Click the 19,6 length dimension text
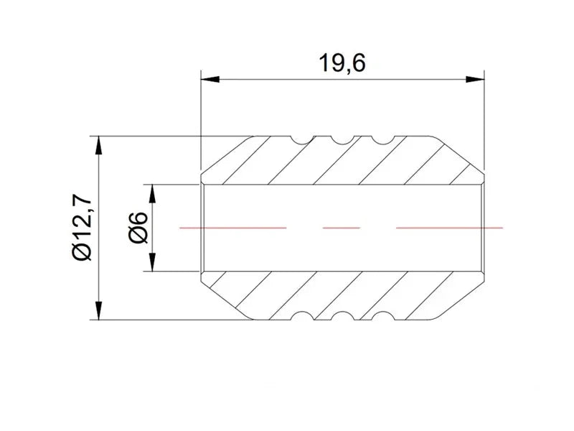point(342,62)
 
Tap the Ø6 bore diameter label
point(138,228)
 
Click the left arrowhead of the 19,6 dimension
point(210,79)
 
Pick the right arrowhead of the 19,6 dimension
point(475,79)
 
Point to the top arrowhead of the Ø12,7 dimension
point(98,146)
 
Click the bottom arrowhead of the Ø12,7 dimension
point(98,310)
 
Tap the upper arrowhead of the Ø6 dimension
point(153,194)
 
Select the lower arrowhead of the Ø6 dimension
point(153,262)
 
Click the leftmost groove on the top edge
point(303,141)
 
